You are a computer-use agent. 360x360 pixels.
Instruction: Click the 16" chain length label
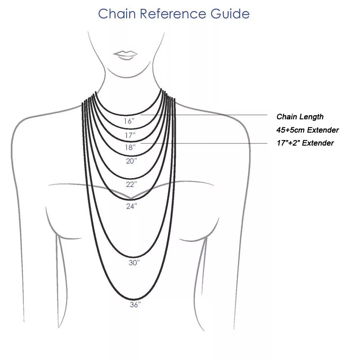(129, 121)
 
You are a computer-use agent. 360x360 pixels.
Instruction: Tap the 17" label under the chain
(130, 135)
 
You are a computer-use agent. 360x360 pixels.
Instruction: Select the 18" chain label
(130, 147)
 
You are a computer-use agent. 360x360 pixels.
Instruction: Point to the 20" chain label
(131, 161)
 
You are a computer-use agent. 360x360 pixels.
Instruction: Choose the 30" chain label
(134, 263)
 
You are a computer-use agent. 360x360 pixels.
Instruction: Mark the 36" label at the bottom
(135, 305)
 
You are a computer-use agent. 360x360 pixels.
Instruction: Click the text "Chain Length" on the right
(300, 117)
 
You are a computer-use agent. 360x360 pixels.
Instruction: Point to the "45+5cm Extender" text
(307, 130)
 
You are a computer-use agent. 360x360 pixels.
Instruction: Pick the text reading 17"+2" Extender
(305, 143)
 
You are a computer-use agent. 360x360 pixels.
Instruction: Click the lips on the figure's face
(125, 55)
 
